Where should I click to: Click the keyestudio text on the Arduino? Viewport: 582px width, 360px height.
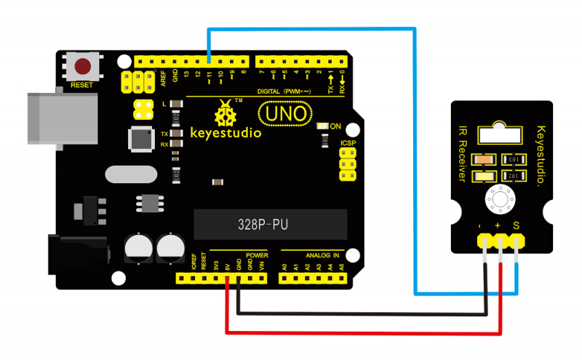(226, 134)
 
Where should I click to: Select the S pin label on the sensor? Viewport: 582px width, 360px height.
(516, 227)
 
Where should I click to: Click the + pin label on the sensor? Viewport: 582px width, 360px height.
(500, 227)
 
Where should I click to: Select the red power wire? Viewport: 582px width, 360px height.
(364, 334)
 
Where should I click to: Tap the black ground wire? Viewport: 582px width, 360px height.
(364, 315)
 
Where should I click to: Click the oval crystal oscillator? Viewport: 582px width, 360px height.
(131, 175)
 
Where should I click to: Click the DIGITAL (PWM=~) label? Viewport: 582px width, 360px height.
(284, 91)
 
